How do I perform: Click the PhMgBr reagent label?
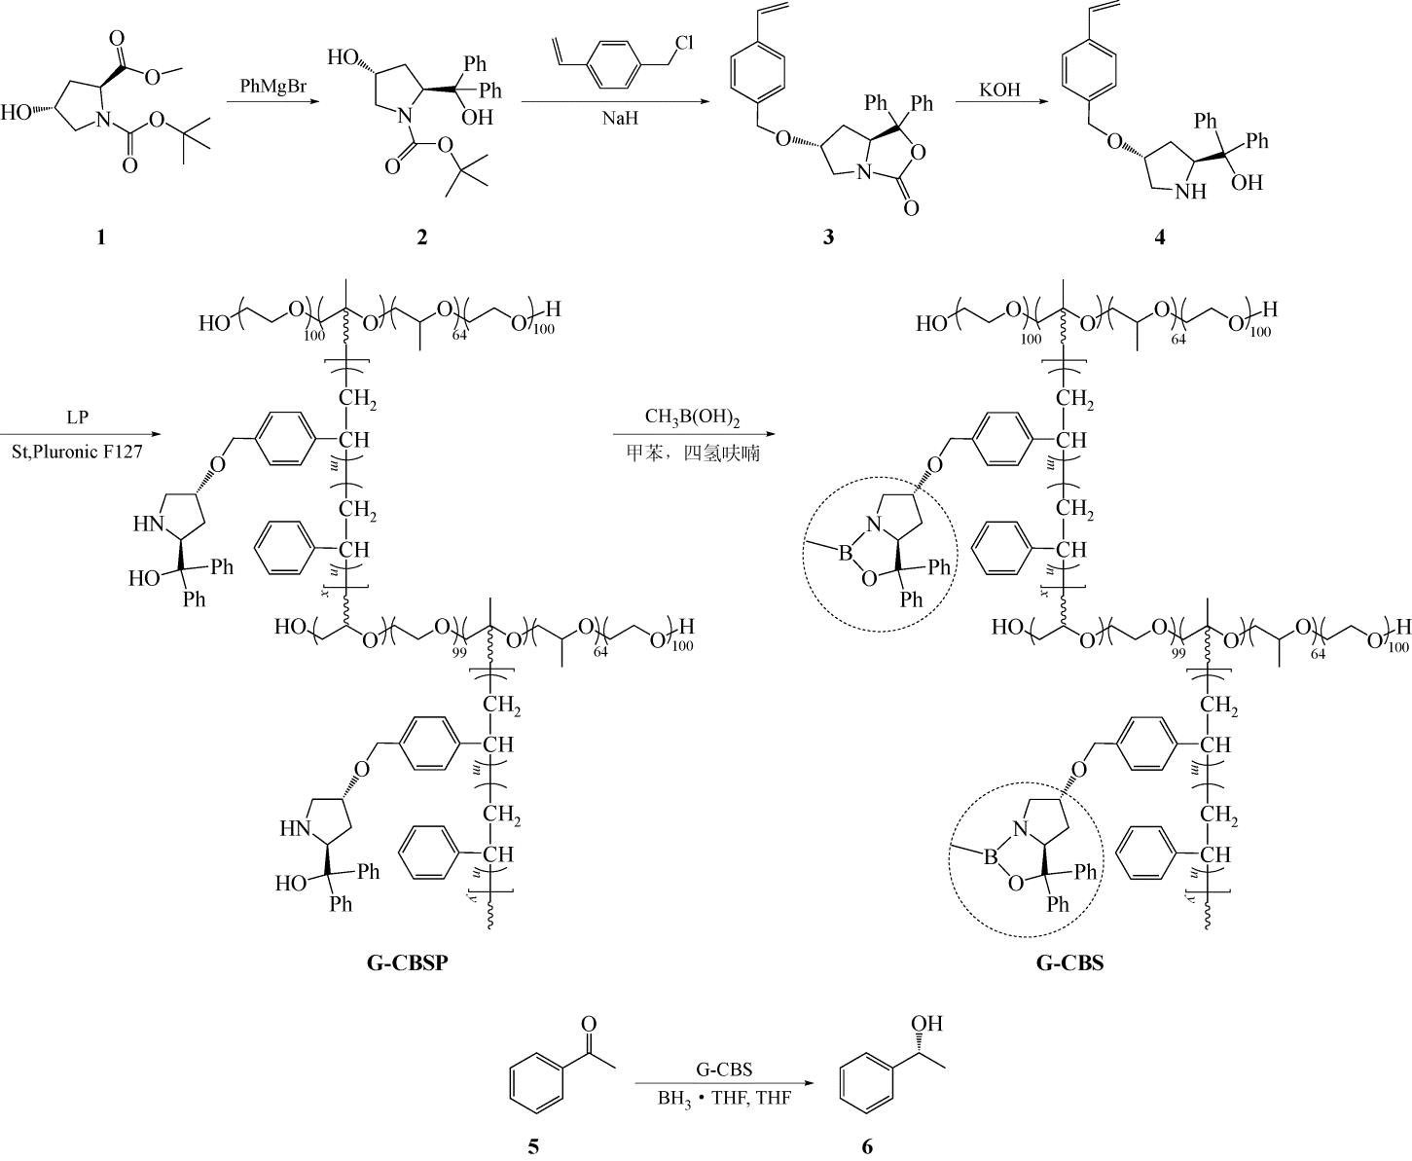coord(273,88)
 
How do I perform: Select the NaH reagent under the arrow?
coord(619,120)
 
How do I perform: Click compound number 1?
coord(100,236)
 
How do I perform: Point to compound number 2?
coord(421,236)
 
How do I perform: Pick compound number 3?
coord(828,236)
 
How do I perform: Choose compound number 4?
coord(1159,236)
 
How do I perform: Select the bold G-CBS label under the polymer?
coord(1069,963)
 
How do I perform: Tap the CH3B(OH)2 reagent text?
coord(692,419)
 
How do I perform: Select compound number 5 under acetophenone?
coord(533,1146)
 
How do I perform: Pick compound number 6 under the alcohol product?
coord(867,1146)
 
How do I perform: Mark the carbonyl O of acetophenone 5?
coord(588,1023)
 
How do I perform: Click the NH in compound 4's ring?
coord(1190,192)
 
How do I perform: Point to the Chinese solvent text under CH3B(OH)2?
coord(692,454)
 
